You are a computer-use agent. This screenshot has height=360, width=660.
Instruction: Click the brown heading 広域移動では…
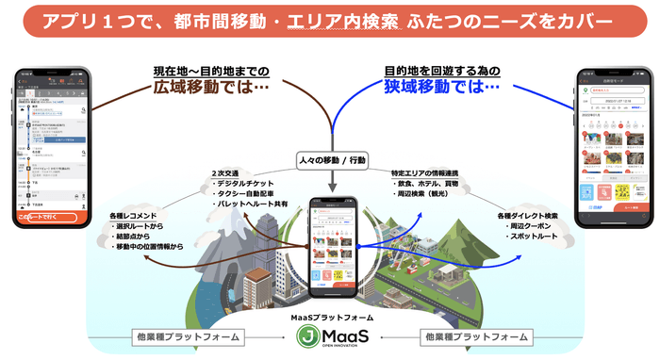click(210, 88)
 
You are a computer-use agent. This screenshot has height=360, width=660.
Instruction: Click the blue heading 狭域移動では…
click(440, 88)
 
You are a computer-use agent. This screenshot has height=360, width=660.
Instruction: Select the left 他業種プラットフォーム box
click(185, 336)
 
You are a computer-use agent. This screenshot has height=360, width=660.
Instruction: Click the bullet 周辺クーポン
click(533, 226)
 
